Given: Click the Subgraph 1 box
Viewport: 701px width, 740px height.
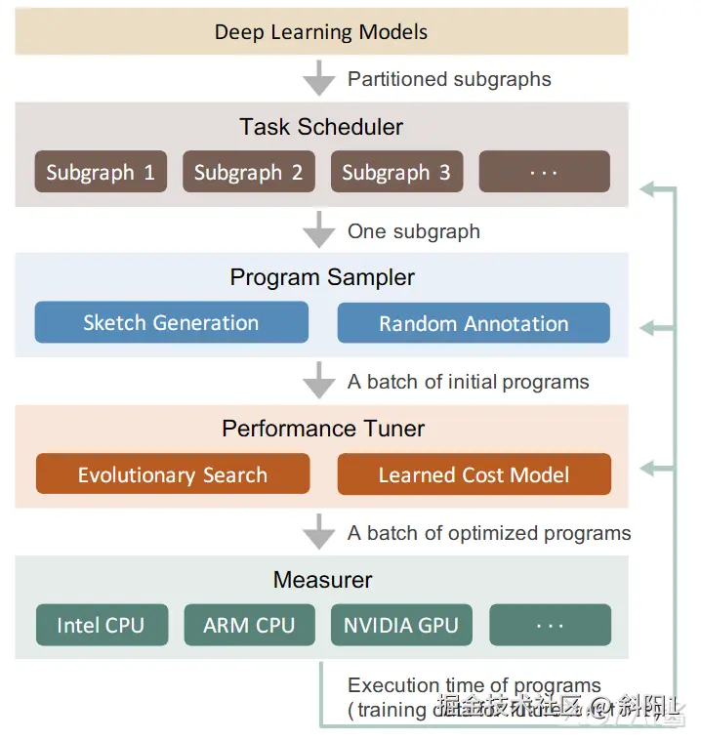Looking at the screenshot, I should pos(101,172).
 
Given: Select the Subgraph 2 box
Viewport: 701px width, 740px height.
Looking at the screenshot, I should pos(248,172).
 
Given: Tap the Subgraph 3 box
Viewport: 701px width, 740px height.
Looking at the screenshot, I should pos(396,172).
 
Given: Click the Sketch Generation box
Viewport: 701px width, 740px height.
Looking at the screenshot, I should pos(171,323).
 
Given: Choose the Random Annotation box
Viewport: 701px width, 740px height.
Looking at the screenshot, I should pos(474,323).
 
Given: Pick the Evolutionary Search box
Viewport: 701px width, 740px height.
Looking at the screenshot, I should pos(173,474).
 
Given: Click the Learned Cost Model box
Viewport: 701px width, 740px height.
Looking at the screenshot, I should pos(474,474).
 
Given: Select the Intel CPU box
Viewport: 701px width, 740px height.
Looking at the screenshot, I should pos(101,625).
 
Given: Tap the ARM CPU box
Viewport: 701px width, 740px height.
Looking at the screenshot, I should pos(249,625).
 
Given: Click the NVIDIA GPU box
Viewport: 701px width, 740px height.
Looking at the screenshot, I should pos(400,625).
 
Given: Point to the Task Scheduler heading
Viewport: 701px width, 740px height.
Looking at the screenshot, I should pos(321,127).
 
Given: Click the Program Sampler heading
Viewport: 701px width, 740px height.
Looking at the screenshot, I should pos(322,277).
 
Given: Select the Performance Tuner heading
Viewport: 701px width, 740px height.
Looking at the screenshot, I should pos(323,429).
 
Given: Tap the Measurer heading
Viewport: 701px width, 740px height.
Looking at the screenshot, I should pos(322,580).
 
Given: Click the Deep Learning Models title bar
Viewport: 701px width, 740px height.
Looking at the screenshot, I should pos(321,31).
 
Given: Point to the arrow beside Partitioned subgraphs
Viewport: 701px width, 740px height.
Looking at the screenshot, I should pos(319,77).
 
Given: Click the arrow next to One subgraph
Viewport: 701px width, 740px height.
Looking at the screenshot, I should pos(319,230).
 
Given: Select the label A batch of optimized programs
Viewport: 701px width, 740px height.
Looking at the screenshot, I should pos(489,533).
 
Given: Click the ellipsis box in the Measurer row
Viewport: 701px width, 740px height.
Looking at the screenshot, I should pos(550,625).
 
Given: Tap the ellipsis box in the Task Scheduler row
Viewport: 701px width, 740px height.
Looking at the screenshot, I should pos(544,172).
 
